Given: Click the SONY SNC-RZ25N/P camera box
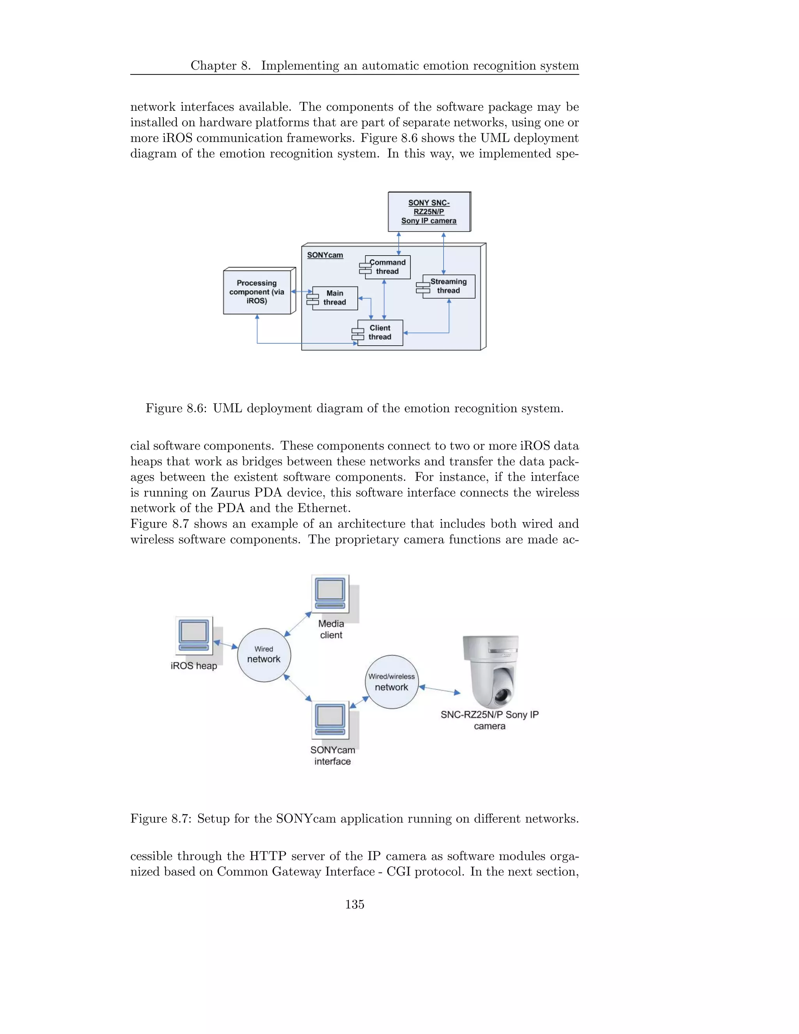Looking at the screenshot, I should pos(429,211).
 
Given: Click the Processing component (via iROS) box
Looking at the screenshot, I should pos(257,291).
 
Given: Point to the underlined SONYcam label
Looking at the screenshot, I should pos(325,255).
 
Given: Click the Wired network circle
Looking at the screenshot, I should pos(264,655).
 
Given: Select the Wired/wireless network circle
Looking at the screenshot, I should pos(391,682).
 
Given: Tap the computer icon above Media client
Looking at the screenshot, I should pos(330,593).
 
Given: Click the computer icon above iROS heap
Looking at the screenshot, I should pos(194,635).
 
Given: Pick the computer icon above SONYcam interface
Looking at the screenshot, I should pos(330,720).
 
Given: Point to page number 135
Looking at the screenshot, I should pos(355,905).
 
